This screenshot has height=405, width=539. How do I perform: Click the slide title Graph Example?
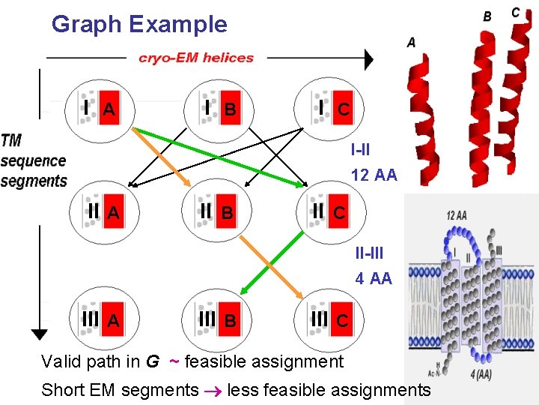pos(139,24)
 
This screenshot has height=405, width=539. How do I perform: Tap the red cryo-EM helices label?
pos(196,57)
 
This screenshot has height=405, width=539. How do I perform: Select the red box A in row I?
pos(109,109)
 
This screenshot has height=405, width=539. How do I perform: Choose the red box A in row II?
pos(113,212)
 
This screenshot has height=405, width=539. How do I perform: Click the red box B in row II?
pos(226,212)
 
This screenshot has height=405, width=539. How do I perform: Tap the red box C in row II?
pos(339,212)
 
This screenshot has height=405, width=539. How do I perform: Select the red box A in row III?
pos(113,320)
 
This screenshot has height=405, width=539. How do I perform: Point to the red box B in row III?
pos(231,320)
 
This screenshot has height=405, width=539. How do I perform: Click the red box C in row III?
pos(341,320)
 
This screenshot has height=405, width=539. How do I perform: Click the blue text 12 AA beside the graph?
pos(374,175)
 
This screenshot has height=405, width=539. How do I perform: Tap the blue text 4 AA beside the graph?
pos(374,278)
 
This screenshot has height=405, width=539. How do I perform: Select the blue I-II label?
pos(360,148)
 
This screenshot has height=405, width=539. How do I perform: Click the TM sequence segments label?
pos(34,160)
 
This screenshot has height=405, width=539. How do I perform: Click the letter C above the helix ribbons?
pos(516,13)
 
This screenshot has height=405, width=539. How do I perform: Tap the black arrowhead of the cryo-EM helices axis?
pos(368,58)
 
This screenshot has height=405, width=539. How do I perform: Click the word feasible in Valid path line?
pos(214,362)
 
